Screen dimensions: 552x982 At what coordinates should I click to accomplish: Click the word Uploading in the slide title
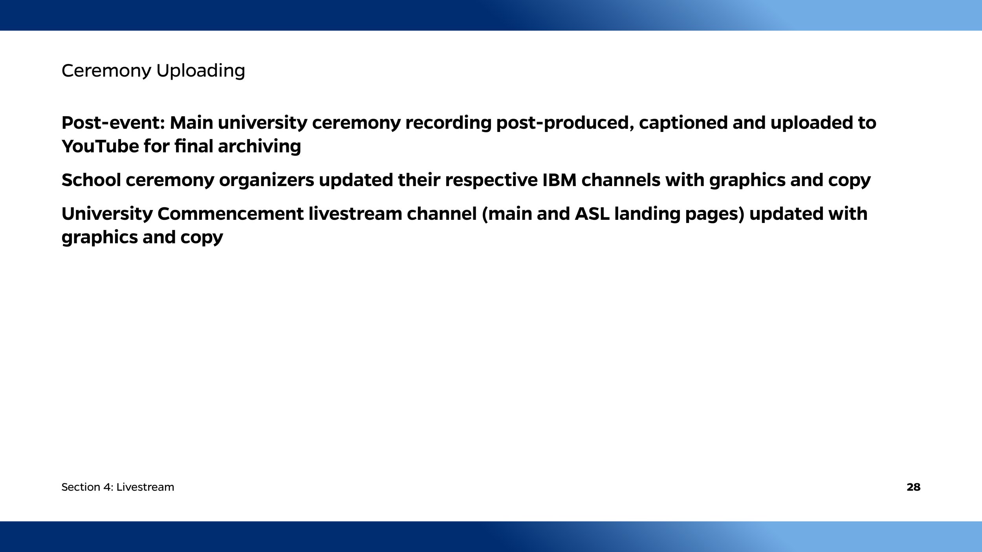(201, 71)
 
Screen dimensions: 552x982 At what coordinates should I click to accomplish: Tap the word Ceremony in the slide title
(106, 71)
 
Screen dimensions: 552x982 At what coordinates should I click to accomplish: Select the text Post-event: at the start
(113, 123)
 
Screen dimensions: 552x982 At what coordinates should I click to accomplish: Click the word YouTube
(100, 146)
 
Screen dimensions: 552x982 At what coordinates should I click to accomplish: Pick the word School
(91, 180)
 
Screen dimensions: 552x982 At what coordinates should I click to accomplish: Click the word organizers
(266, 180)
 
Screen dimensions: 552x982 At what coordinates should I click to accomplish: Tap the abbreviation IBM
(559, 180)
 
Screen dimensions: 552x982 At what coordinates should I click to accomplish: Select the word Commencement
(230, 214)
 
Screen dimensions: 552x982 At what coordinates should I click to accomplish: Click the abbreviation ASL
(592, 214)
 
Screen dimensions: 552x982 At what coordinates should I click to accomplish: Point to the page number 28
(913, 487)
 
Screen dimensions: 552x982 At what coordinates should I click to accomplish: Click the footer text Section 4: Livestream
(118, 487)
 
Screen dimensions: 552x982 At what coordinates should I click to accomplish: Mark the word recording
(448, 123)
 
